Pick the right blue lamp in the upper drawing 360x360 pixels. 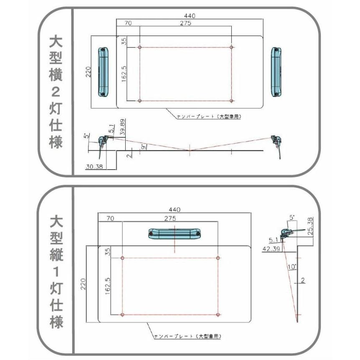(276, 72)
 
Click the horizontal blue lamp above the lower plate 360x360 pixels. (175, 234)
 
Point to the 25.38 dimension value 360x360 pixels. (314, 226)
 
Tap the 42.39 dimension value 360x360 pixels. (271, 250)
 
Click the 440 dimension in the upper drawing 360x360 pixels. (189, 15)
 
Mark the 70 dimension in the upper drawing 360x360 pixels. (127, 23)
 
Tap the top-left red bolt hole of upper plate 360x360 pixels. (139, 47)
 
